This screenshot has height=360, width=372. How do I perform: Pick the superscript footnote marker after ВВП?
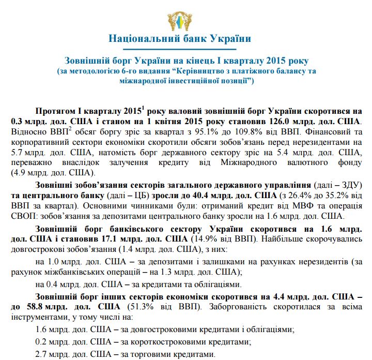pos(70,129)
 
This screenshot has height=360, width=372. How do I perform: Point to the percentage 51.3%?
pos(127,308)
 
